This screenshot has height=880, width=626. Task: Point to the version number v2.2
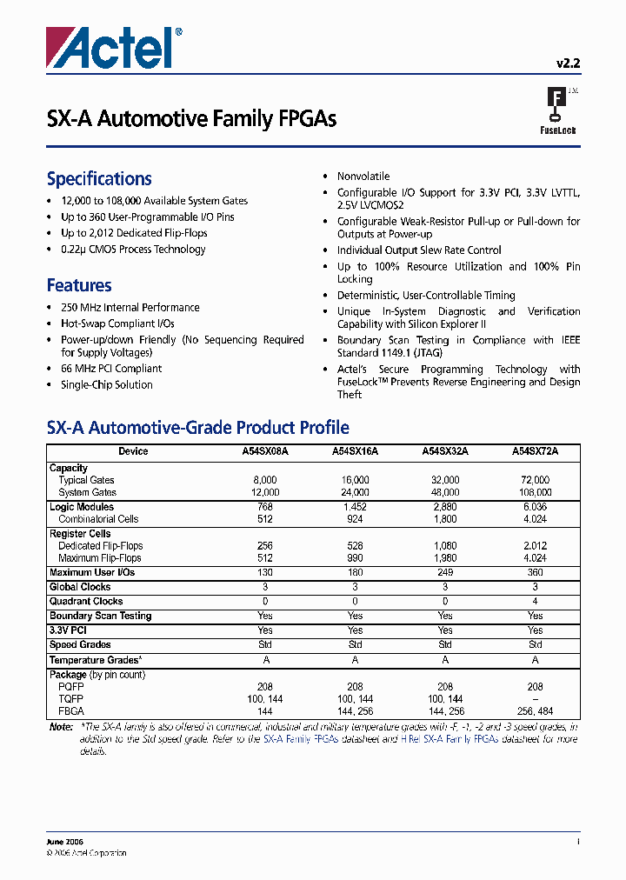568,63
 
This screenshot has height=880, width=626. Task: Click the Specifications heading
99,179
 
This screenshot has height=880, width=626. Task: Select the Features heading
79,285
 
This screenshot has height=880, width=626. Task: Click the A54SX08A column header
265,451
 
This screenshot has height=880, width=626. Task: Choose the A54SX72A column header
535,451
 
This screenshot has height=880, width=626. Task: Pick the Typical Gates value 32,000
445,480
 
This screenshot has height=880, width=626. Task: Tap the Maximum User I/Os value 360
535,572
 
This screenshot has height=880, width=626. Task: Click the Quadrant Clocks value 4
535,601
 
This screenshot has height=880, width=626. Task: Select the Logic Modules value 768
265,507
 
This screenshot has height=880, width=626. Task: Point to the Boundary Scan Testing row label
100,616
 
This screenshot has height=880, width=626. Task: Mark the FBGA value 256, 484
535,710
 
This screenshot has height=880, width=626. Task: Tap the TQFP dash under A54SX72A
535,698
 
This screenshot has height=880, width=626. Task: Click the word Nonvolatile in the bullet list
363,177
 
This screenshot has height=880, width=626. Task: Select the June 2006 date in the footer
64,842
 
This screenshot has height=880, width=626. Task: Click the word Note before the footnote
61,726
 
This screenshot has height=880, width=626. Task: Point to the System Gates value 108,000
535,492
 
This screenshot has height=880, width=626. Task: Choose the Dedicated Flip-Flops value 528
355,546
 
